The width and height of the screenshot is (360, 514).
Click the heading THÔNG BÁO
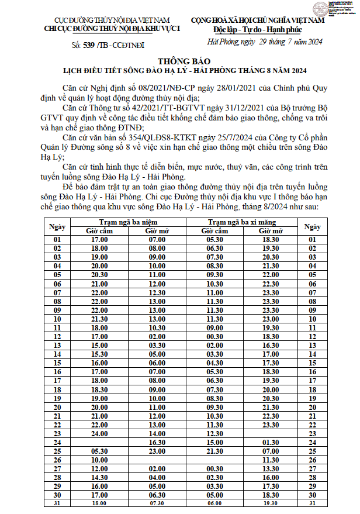click(181, 61)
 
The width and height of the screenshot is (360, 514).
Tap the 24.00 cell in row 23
click(99, 434)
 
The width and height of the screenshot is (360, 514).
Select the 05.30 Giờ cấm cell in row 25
click(99, 451)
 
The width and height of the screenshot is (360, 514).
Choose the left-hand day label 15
click(57, 363)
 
